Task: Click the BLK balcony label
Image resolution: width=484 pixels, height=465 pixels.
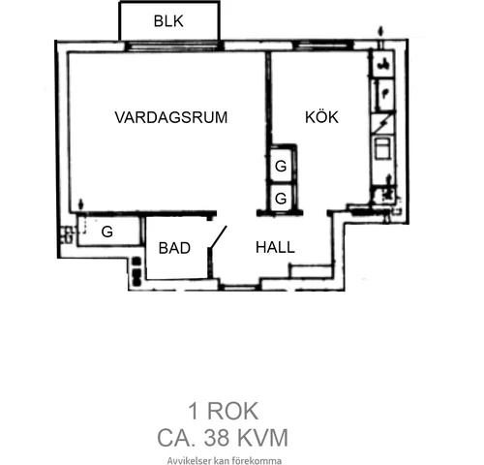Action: point(168,21)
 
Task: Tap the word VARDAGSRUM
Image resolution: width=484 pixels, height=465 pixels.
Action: point(171,117)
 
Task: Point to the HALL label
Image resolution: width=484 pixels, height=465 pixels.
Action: point(275,248)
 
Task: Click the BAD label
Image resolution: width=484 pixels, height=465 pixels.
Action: point(174,248)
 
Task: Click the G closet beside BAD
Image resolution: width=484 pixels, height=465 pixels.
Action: point(107,232)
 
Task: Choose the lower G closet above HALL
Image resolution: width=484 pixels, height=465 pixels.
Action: point(281,198)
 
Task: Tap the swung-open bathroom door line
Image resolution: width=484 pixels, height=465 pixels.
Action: point(219,237)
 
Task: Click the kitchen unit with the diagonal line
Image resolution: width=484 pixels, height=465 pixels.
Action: point(384,123)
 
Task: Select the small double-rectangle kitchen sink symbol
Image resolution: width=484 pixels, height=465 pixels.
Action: point(383,147)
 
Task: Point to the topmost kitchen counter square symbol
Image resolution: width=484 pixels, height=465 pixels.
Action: point(383,64)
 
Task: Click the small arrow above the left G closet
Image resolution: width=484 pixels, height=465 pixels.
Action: point(80,205)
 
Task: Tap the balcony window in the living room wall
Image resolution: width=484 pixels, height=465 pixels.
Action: point(174,46)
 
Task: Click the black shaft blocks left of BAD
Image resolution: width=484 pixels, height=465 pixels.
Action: point(136,271)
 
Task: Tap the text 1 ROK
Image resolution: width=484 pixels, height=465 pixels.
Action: point(223,411)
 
